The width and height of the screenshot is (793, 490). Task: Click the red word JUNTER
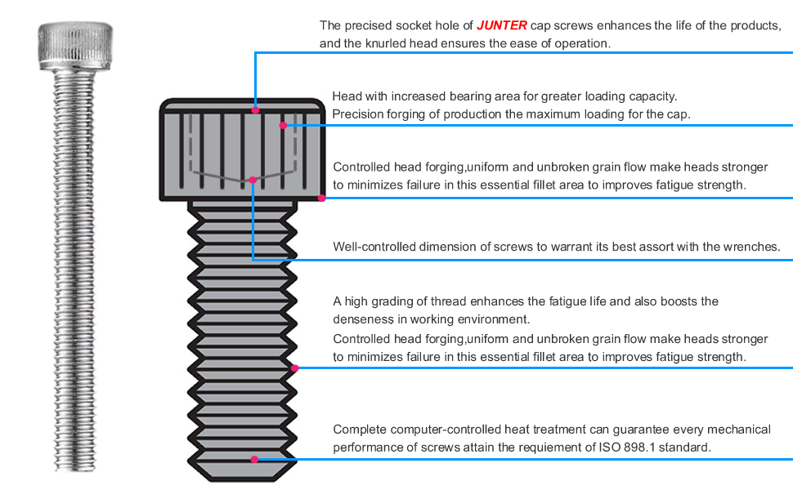[502, 25]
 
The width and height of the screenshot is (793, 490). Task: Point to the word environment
[495, 319]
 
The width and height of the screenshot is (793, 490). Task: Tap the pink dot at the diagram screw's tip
[254, 460]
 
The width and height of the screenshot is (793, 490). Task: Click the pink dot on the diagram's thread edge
[295, 368]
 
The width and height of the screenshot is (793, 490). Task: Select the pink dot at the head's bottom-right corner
[322, 198]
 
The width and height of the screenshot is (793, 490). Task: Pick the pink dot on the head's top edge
[256, 109]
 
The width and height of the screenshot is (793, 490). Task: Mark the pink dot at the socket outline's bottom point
[253, 180]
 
